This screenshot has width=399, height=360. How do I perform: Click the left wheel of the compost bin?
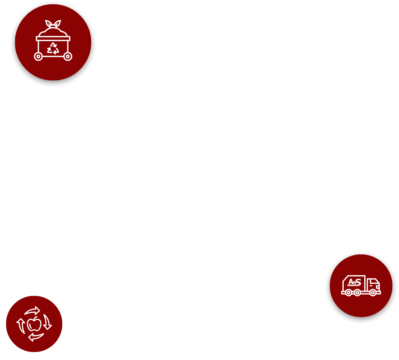click(38, 56)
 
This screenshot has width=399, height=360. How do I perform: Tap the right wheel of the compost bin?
click(68, 56)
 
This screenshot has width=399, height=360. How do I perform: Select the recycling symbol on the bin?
click(53, 49)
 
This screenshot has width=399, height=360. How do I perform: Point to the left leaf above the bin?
click(49, 23)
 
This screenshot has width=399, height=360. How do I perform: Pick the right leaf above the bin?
click(57, 23)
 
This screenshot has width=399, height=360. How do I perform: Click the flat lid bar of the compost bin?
click(53, 39)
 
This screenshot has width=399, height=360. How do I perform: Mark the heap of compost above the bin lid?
click(53, 32)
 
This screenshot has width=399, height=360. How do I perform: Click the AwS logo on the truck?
click(355, 282)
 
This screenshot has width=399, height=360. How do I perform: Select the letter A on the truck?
click(351, 282)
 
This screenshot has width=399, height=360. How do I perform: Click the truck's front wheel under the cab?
click(373, 293)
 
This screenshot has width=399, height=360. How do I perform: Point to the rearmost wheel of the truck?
click(349, 293)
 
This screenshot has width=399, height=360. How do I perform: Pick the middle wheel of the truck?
click(357, 293)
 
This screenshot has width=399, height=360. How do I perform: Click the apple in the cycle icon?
click(34, 324)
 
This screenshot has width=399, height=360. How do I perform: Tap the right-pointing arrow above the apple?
click(33, 311)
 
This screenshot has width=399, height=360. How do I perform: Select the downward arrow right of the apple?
click(47, 322)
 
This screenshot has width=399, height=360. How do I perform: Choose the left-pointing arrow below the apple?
click(36, 337)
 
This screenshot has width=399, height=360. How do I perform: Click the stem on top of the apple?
click(36, 318)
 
